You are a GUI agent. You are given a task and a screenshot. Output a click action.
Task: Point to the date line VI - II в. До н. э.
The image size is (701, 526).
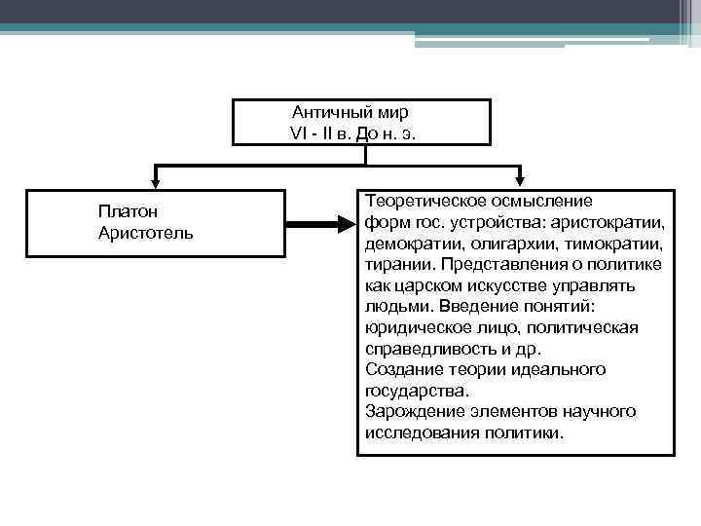(x=352, y=133)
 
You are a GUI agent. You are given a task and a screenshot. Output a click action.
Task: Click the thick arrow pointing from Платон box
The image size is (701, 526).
(x=322, y=222)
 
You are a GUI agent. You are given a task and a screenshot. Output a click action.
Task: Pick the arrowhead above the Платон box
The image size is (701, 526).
(x=155, y=181)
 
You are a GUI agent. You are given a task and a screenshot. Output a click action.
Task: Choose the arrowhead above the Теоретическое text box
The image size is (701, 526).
(x=522, y=181)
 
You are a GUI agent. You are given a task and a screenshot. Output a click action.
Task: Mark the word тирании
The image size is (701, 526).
(x=396, y=264)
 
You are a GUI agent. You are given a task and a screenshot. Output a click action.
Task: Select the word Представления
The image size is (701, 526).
(x=497, y=264)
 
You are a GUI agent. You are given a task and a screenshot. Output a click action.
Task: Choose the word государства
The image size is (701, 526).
(x=417, y=391)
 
